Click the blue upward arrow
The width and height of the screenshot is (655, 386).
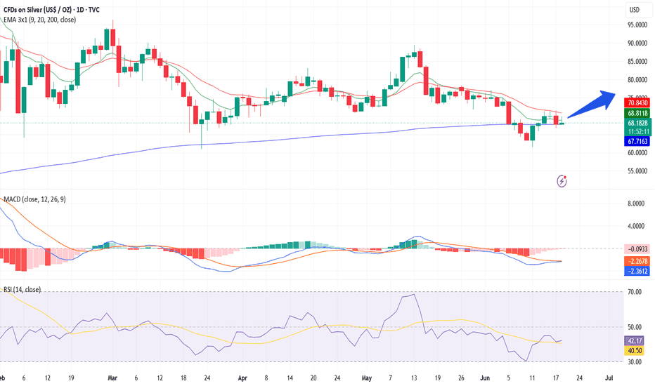591,105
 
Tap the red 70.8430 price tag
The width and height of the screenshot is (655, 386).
637,102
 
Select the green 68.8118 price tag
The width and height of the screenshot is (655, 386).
637,113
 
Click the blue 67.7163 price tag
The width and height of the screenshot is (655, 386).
637,142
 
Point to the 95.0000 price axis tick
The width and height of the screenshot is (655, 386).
637,25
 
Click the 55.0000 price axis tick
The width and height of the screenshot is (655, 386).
637,171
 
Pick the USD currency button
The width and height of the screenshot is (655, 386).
635,10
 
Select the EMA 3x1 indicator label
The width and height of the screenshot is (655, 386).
39,20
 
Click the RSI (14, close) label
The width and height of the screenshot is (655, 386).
22,290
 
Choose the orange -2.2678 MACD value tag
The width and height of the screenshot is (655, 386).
637,261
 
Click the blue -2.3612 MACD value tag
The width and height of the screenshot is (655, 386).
637,271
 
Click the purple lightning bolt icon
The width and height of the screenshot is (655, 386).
562,181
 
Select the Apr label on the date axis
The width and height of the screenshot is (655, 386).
242,378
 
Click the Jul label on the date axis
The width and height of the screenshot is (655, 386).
609,378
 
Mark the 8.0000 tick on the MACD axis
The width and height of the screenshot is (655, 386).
636,204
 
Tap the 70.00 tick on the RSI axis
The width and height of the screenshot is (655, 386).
635,292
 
